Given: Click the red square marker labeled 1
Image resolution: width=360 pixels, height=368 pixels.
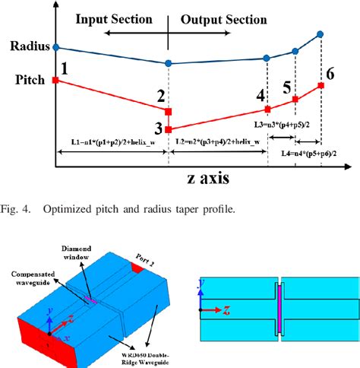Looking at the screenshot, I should coord(55,79).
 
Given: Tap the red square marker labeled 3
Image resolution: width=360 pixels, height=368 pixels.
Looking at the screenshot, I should coord(168,130).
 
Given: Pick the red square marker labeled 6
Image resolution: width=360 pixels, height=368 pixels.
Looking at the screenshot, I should coord(321,85).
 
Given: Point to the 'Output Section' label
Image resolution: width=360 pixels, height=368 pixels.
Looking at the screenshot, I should coord(223,17).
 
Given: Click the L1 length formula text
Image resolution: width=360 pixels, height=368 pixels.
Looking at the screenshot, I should coord(111,142).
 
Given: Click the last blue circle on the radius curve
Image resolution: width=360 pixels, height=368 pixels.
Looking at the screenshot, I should coord(320,34).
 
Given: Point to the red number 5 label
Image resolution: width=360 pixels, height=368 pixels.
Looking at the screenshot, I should coord(286,87).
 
